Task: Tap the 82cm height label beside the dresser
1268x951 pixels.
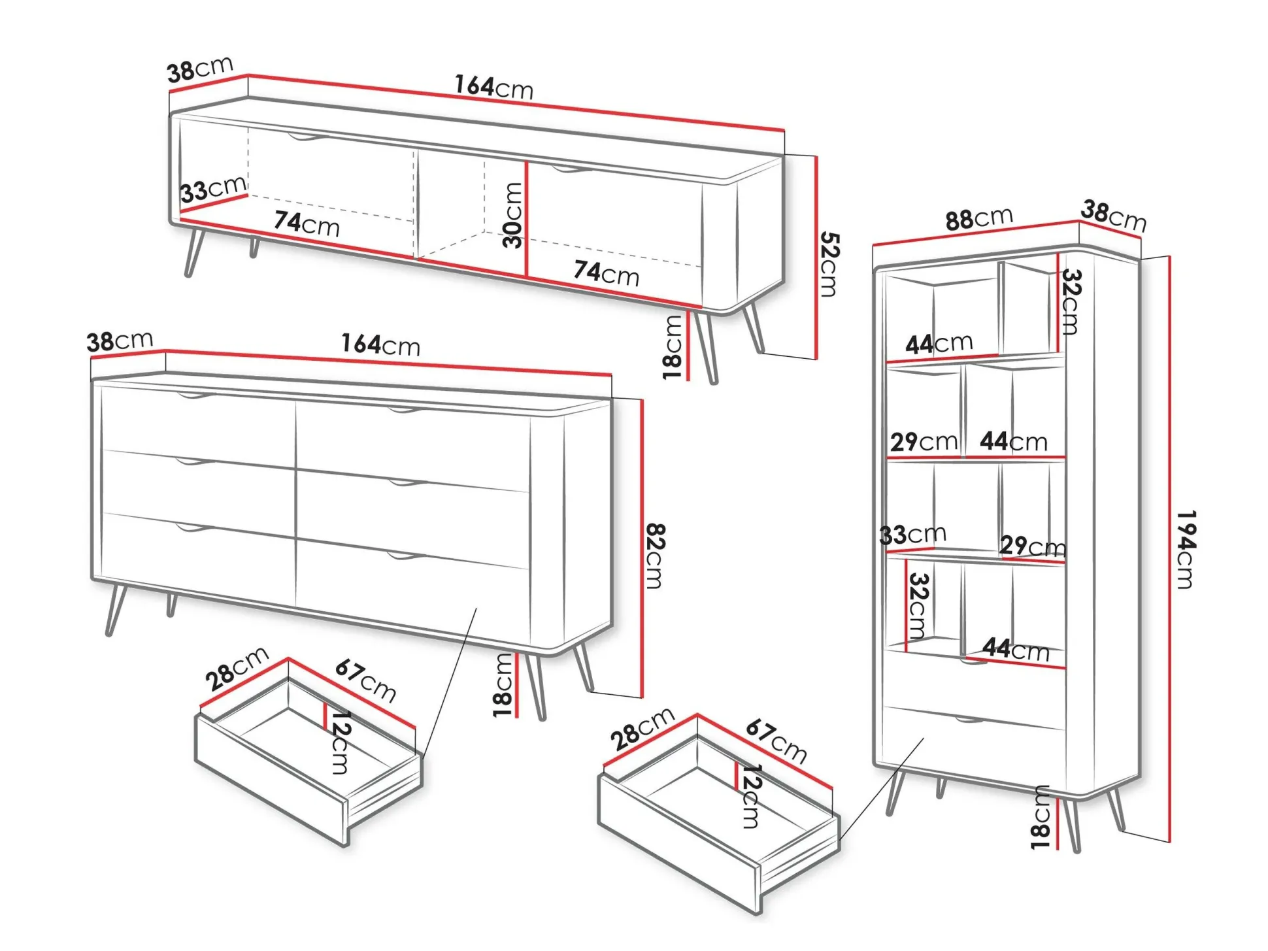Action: (654, 556)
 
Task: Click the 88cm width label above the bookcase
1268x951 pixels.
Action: (979, 218)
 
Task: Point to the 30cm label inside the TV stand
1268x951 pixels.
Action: (513, 215)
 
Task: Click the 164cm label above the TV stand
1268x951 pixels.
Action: (494, 86)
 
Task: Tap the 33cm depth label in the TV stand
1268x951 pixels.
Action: (214, 189)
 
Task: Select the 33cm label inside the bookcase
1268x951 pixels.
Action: (912, 535)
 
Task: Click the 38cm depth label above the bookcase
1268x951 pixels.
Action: (1114, 216)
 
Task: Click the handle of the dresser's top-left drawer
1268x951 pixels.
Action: (195, 396)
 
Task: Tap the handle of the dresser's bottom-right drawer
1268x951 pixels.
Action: (406, 556)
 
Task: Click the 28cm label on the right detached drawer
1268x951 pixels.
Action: (642, 729)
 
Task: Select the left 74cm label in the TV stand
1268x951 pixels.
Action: (307, 223)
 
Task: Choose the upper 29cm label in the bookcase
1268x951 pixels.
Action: (924, 442)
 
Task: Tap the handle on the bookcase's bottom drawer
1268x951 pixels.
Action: (969, 721)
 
